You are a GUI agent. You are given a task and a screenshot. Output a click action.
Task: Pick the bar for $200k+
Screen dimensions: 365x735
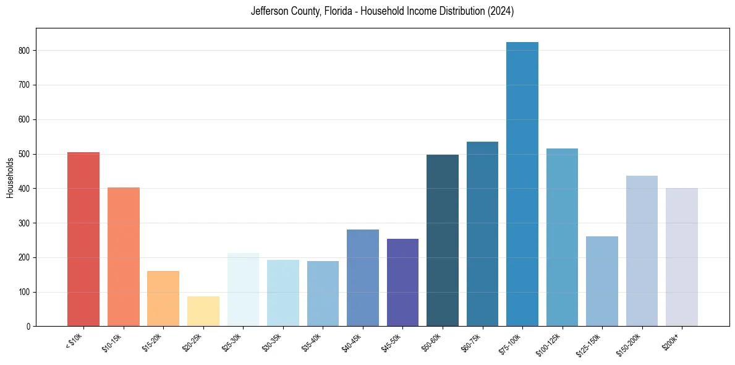(x=682, y=257)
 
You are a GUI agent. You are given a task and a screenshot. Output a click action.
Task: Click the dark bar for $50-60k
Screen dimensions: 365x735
(x=443, y=241)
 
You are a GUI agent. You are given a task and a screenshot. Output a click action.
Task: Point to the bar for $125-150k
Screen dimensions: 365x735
(x=602, y=281)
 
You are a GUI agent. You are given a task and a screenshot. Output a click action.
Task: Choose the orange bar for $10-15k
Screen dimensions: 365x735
(x=124, y=257)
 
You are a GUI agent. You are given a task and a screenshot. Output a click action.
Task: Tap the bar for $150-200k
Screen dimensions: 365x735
(x=642, y=251)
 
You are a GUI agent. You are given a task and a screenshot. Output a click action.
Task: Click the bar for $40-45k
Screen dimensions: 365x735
(x=363, y=278)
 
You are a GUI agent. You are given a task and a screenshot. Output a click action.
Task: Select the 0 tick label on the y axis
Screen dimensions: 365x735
(x=28, y=327)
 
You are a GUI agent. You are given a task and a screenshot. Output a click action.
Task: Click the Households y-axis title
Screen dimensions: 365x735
(x=10, y=178)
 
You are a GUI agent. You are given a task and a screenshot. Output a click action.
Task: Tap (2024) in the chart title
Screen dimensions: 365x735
(x=500, y=12)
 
